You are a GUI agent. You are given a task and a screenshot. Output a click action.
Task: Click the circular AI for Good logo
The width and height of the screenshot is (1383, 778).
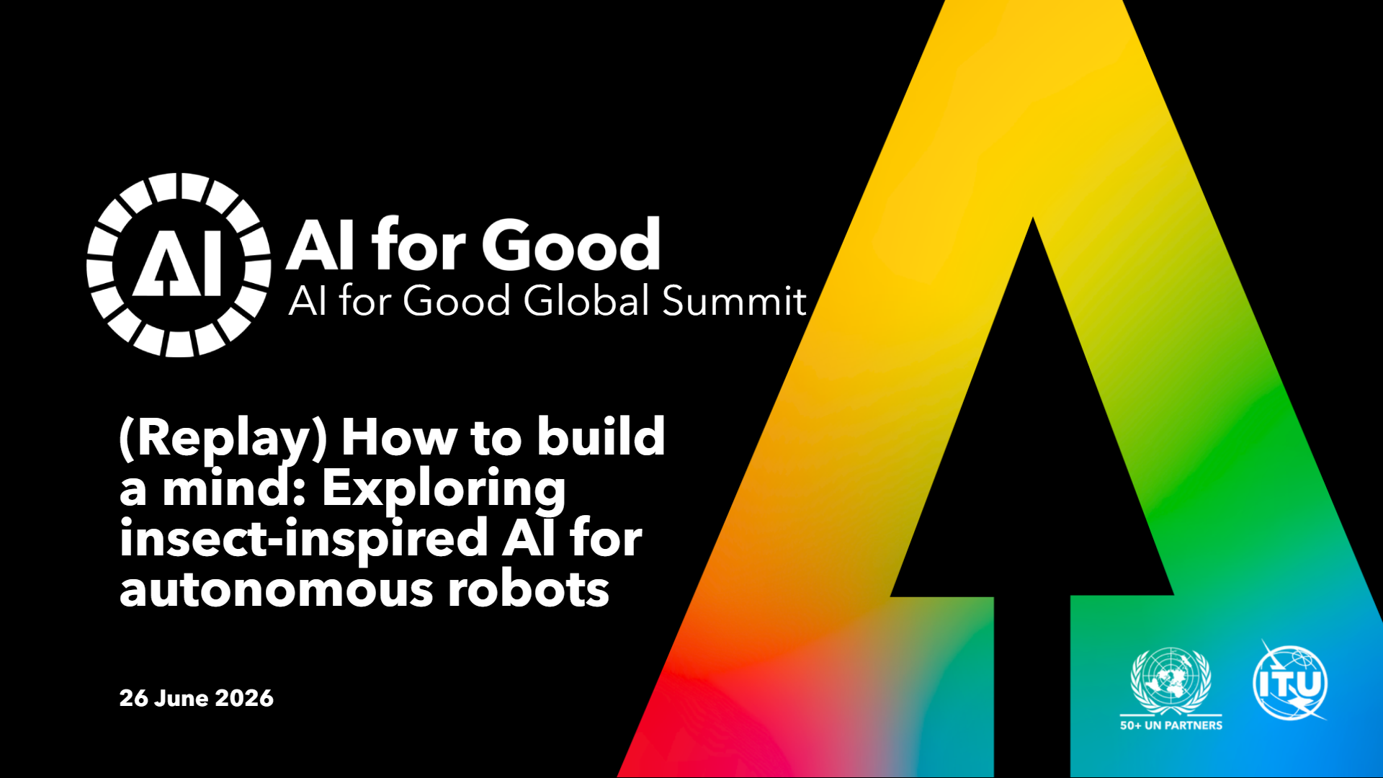179,264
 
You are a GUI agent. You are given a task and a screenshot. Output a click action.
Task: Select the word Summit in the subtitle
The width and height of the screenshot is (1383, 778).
734,300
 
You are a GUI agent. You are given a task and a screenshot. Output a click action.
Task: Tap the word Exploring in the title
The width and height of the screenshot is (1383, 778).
444,491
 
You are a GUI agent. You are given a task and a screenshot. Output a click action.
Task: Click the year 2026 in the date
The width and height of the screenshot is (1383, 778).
244,698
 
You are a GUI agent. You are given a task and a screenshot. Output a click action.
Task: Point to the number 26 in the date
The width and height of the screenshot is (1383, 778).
134,698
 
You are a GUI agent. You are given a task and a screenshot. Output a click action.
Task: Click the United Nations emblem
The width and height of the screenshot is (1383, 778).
1171,681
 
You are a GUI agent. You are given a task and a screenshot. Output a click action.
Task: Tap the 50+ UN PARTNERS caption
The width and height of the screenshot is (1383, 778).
1171,725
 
